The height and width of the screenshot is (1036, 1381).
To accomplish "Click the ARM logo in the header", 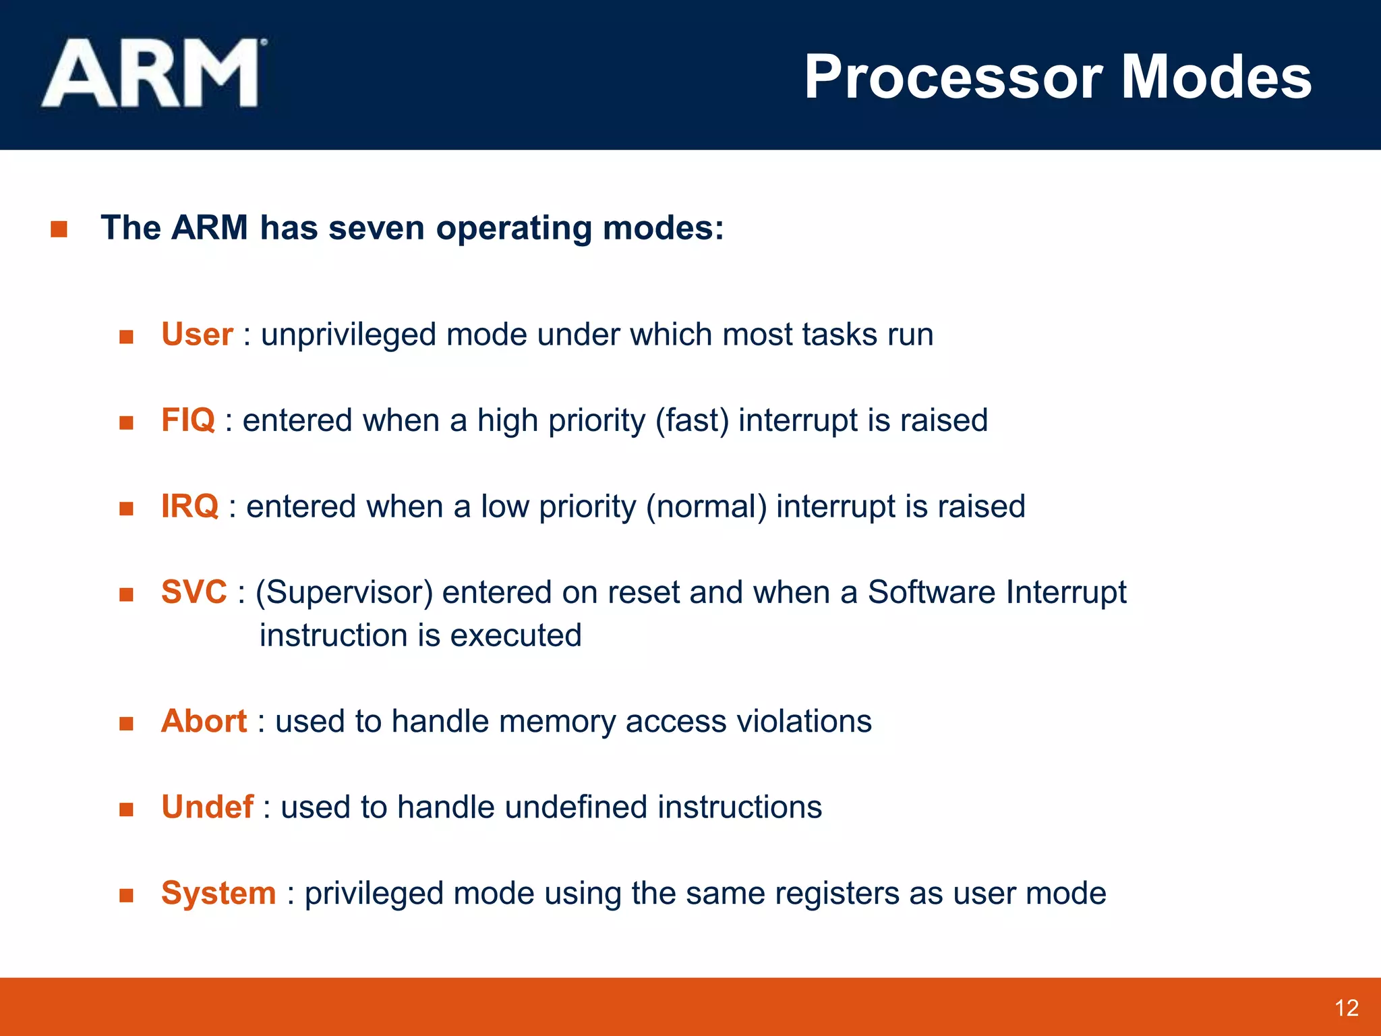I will pos(154,73).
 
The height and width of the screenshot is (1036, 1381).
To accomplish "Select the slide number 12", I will pos(1346,1008).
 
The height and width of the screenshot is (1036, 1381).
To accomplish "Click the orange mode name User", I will pos(197,335).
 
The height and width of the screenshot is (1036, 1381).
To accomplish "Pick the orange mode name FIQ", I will pos(187,420).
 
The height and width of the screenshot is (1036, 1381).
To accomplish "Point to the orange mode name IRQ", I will pos(189,507).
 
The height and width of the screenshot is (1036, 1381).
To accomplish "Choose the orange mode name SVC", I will pos(194,592).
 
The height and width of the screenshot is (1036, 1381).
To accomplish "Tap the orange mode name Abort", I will pos(204,721).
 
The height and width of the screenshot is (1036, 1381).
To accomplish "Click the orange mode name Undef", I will pos(207,807).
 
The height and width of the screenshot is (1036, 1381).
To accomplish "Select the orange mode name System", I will pos(218,893).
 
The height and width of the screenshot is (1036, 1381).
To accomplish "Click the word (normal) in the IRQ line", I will pos(706,507).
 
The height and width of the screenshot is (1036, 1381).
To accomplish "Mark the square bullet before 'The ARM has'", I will pos(59,229).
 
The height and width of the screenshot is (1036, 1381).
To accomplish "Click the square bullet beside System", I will pos(126,895).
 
